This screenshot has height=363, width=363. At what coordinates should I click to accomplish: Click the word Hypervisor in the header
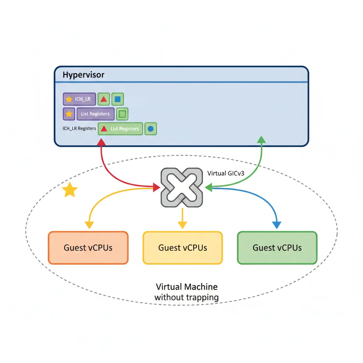tap(83, 75)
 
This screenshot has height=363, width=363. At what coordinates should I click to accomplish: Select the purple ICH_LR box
tap(79, 99)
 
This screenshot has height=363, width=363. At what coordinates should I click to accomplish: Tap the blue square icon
tap(118, 99)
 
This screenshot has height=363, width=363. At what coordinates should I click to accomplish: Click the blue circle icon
tap(150, 129)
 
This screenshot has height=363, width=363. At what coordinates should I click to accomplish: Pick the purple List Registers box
tap(95, 114)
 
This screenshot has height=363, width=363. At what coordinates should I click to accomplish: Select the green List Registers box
tap(120, 129)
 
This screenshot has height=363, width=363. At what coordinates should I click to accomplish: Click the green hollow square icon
tap(122, 114)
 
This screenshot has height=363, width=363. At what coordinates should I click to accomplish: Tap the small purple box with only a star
tap(69, 114)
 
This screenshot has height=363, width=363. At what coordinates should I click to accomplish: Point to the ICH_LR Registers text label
tap(79, 128)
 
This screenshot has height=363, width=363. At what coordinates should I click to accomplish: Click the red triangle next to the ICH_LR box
tap(104, 99)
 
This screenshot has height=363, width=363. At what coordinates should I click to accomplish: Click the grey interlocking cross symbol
tap(182, 187)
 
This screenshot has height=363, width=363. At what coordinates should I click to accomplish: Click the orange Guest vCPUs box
tap(88, 248)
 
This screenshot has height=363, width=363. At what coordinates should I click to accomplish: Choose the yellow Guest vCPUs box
tap(183, 248)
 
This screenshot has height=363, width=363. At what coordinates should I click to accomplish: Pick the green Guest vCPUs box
tap(277, 248)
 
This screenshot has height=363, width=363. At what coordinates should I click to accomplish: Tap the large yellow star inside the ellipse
tap(70, 190)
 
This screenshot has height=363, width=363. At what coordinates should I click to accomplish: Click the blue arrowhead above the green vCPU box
tap(277, 225)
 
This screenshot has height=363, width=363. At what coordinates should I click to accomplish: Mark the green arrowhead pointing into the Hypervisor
tap(261, 139)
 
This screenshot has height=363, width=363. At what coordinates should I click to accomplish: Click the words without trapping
tap(186, 297)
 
